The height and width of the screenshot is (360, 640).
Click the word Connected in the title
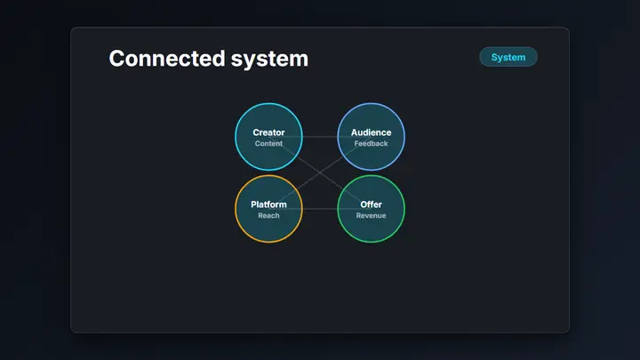(167, 58)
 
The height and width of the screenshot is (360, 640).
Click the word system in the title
(269, 60)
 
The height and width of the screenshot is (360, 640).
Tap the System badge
(508, 57)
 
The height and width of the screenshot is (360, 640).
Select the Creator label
(268, 132)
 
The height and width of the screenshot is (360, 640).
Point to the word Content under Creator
(268, 144)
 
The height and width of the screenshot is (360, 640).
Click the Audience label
(371, 132)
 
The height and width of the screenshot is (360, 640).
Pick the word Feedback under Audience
(371, 144)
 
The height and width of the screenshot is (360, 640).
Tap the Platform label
(268, 204)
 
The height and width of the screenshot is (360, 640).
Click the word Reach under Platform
(268, 215)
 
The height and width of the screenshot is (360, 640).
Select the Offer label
(371, 204)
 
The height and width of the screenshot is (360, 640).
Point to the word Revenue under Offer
(371, 215)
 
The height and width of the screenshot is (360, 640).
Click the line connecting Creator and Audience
(320, 137)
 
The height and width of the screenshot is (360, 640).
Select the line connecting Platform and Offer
(320, 209)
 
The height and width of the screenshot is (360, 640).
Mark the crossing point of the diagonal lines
(320, 172)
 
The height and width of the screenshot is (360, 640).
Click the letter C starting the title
(116, 59)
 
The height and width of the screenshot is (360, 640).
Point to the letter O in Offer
(364, 204)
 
